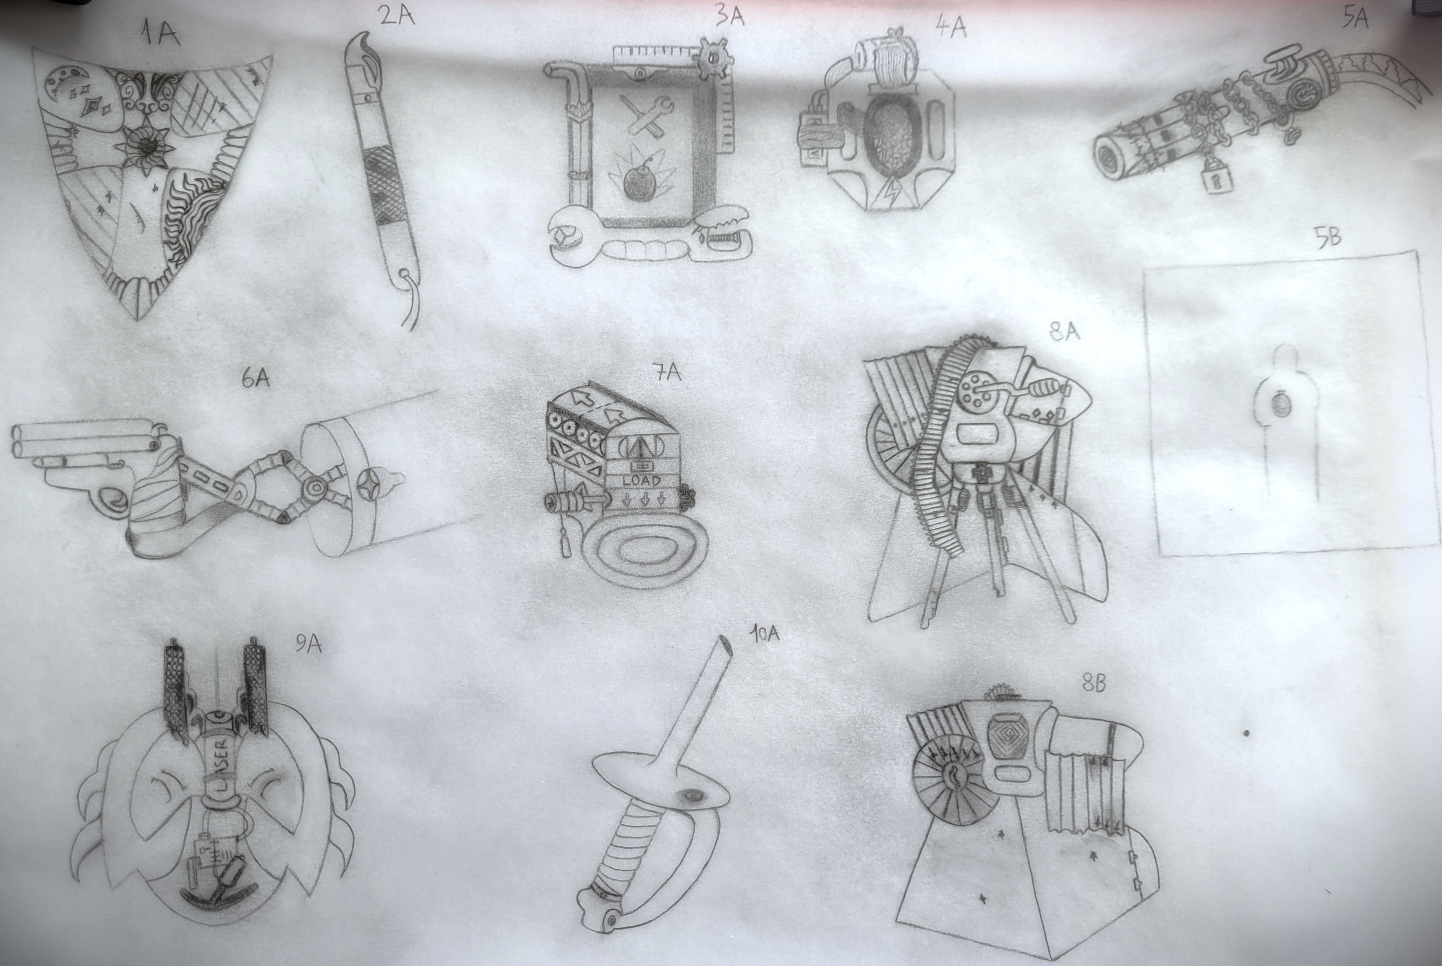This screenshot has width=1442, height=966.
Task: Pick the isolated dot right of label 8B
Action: point(1246,733)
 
